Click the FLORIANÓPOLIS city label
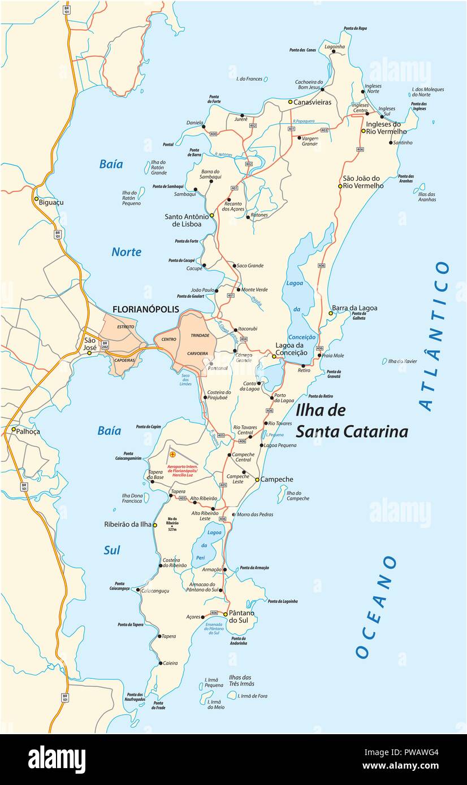pos(145,309)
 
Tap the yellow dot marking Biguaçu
pos(36,199)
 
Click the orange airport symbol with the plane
pos(173,454)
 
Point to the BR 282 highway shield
pos(105,345)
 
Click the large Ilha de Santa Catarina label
pos(351,421)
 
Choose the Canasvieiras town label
pos(312,102)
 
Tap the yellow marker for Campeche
pos(257,479)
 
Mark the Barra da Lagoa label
pos(354,308)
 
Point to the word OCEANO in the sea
pos(376,607)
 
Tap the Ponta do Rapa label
pos(355,28)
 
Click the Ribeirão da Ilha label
pos(128,524)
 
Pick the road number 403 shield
pos(324,130)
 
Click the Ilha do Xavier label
pos(403,361)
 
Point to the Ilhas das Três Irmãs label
pos(240,681)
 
